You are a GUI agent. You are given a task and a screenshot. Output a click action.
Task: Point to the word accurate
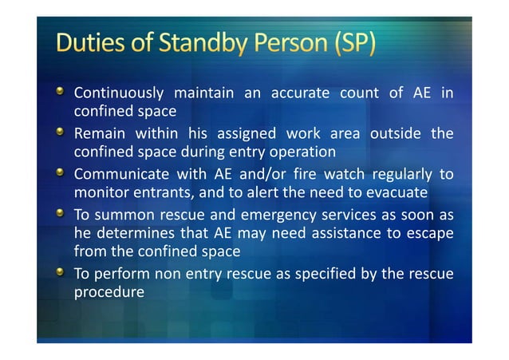click(301, 93)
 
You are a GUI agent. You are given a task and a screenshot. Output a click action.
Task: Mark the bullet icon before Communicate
click(61, 171)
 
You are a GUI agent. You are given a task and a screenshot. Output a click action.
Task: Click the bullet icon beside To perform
click(61, 271)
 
